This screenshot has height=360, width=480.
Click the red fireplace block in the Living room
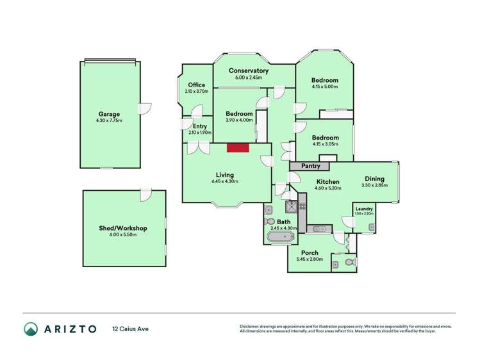pyautogui.click(x=238, y=148)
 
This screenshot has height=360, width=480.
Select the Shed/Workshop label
pyautogui.click(x=124, y=228)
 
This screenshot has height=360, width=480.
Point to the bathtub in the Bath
pyautogui.click(x=279, y=238)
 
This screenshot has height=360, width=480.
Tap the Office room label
pyautogui.click(x=196, y=85)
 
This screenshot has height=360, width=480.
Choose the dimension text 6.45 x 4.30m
pyautogui.click(x=224, y=181)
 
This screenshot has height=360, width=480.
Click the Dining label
pyautogui.click(x=375, y=179)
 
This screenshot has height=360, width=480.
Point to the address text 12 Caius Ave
pyautogui.click(x=130, y=329)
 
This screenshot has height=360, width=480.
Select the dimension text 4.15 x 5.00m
pyautogui.click(x=324, y=86)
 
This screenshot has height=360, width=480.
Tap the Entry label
pyautogui.click(x=200, y=126)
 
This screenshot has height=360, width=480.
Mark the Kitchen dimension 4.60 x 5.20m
pyautogui.click(x=328, y=188)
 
